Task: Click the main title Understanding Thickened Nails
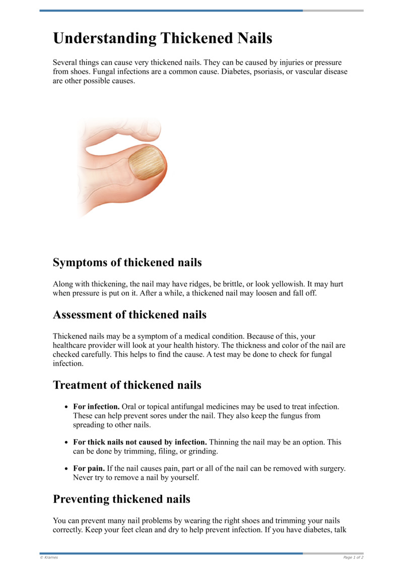tap(162, 39)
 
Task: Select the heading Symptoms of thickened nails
tap(127, 262)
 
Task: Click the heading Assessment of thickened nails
tap(129, 315)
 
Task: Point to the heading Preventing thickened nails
tap(121, 499)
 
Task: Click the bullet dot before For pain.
tap(66, 469)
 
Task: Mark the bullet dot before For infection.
tap(66, 407)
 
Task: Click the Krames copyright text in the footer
tap(49, 557)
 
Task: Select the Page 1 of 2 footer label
tap(353, 557)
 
